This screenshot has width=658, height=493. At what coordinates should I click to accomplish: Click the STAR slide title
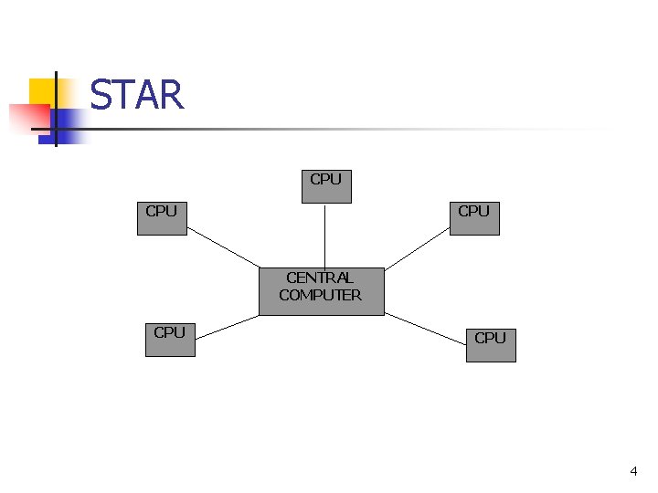tap(137, 95)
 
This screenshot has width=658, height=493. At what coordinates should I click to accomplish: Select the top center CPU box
tap(326, 186)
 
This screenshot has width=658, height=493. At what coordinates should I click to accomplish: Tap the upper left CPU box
tap(162, 219)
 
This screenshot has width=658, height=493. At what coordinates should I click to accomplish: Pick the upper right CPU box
tap(474, 219)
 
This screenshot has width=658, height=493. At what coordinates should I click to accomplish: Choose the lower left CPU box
tap(170, 340)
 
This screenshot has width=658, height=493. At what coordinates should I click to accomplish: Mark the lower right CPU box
tap(491, 345)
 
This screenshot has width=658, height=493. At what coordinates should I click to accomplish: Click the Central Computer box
tap(321, 292)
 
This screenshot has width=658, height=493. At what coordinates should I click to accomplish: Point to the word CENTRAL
tap(320, 278)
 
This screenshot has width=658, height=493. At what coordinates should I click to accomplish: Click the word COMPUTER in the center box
tap(320, 295)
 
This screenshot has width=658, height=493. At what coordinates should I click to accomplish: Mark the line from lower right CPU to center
tap(425, 329)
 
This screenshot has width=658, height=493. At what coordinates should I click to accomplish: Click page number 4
tap(633, 471)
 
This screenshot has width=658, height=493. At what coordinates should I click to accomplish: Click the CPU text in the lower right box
tap(491, 338)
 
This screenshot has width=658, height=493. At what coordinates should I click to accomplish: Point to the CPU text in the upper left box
tap(162, 211)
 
